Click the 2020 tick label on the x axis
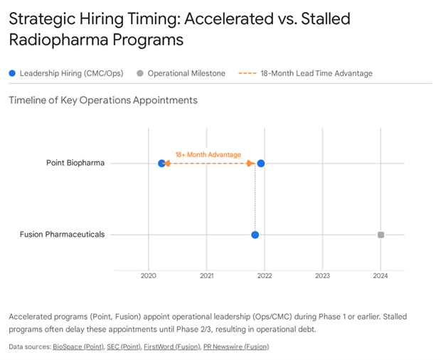tap(149, 275)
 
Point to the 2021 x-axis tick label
tap(207, 275)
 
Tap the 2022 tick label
tap(265, 275)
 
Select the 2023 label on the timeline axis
tap(322, 275)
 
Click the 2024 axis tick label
tap(381, 275)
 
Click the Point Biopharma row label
tap(75, 163)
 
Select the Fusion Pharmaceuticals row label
tap(63, 234)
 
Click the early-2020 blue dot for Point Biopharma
tap(161, 164)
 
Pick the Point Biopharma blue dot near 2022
tap(261, 164)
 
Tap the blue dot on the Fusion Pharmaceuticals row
tap(255, 235)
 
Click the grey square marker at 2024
tap(381, 235)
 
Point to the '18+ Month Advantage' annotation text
tap(208, 154)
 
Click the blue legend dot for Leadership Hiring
tap(12, 73)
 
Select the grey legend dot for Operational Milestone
tap(139, 73)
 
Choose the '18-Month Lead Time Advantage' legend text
tap(317, 73)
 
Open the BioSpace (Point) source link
tap(79, 346)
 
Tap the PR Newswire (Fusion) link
tap(236, 346)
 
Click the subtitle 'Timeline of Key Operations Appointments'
tap(103, 100)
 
